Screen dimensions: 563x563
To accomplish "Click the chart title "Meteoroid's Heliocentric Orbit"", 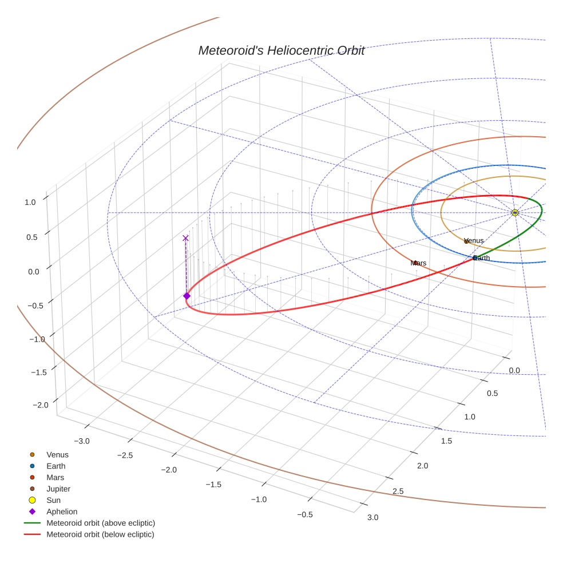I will point(281,50).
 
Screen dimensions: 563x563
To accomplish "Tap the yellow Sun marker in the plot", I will point(515,213).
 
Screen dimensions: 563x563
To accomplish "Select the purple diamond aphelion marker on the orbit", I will point(187,296).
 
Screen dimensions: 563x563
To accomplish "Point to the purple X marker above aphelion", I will point(185,238).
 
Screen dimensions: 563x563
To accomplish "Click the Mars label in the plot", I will point(419,263).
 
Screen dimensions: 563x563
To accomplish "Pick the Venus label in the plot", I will point(474,241).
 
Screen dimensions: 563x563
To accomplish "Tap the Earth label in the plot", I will point(482,259).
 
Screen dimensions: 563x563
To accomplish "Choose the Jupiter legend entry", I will point(58,489).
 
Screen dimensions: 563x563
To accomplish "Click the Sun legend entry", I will point(54,500).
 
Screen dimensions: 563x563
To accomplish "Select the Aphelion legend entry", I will point(62,512).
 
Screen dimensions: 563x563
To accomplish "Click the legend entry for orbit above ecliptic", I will point(101,523).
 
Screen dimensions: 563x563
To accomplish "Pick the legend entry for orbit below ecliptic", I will point(100,534).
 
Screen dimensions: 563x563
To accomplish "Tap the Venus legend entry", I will point(57,455).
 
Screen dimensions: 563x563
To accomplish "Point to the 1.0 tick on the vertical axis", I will point(30,202).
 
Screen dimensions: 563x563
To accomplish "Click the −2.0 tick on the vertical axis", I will point(40,405).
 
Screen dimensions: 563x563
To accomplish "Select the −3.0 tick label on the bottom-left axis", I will point(83,441).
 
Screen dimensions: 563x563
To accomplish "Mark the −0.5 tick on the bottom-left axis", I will point(305,514).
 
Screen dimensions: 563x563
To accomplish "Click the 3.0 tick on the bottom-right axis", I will point(372,518).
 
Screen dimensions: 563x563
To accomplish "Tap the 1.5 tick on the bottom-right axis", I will point(446,441).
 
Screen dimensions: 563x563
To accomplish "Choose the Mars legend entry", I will point(55,477).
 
